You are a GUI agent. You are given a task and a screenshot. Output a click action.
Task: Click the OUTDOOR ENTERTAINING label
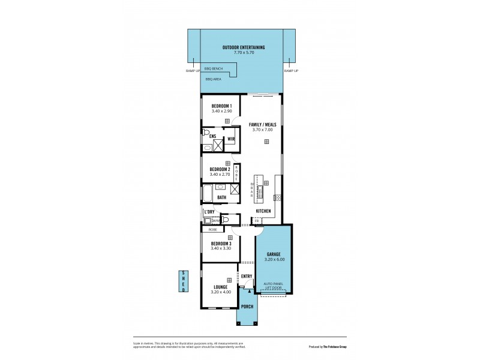coord(244,47)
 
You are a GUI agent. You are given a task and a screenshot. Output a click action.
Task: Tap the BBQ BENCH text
coord(214,69)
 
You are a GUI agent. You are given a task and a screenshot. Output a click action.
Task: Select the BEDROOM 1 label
coord(221,106)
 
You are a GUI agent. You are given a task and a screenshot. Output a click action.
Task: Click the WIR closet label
coord(231,139)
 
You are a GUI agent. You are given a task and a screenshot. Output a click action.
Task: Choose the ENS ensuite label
coord(212,137)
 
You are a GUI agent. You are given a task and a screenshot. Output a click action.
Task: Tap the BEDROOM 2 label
coord(220,169)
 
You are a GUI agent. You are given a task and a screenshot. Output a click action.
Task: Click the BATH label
coord(221,197)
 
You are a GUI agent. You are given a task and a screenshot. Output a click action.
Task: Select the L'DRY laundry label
coord(209,212)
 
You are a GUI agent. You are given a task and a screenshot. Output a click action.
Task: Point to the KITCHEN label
coord(263,212)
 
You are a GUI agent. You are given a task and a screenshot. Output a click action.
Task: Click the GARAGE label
coord(274,254)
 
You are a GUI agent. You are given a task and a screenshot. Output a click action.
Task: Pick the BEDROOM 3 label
coord(221,243)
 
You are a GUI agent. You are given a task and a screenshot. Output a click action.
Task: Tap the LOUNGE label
coord(221,287)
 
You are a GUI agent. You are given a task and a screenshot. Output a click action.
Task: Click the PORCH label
coord(247,307)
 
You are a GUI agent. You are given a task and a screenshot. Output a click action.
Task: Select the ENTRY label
coord(247,276)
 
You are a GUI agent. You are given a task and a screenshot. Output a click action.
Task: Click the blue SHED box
coord(184,282)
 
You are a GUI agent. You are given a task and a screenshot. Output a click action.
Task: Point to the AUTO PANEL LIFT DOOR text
coord(274,286)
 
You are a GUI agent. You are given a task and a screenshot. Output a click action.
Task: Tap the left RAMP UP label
coord(193,71)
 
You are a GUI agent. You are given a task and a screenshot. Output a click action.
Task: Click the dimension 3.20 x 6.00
coord(274,259)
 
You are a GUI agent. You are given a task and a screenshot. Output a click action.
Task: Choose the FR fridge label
coord(256,221)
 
